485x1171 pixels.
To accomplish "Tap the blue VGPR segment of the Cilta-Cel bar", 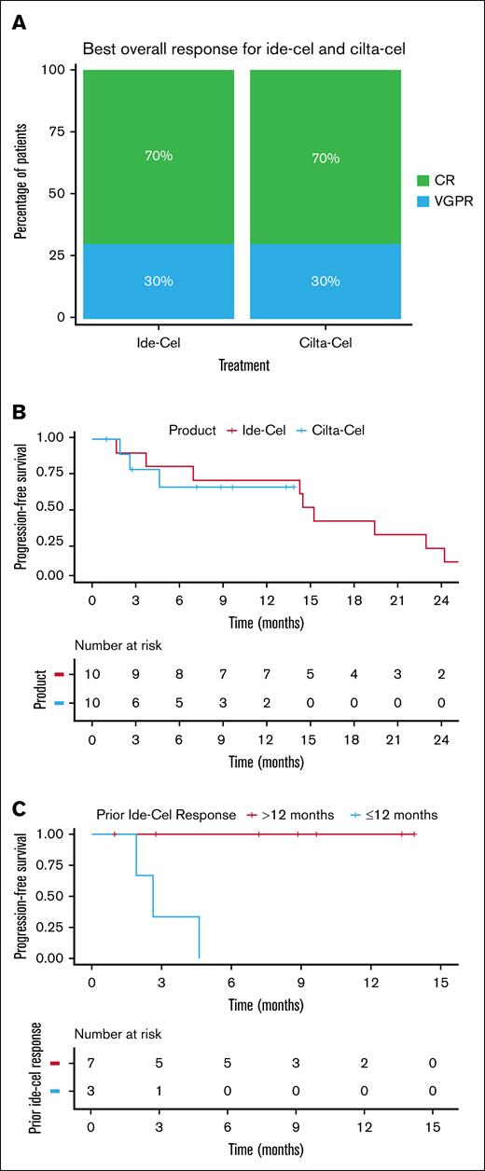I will coord(326,282).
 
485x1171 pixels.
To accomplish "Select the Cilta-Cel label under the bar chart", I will coord(326,342).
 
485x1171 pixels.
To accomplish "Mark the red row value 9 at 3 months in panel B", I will coord(136,672).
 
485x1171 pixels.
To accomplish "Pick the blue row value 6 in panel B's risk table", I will coord(136,702).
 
